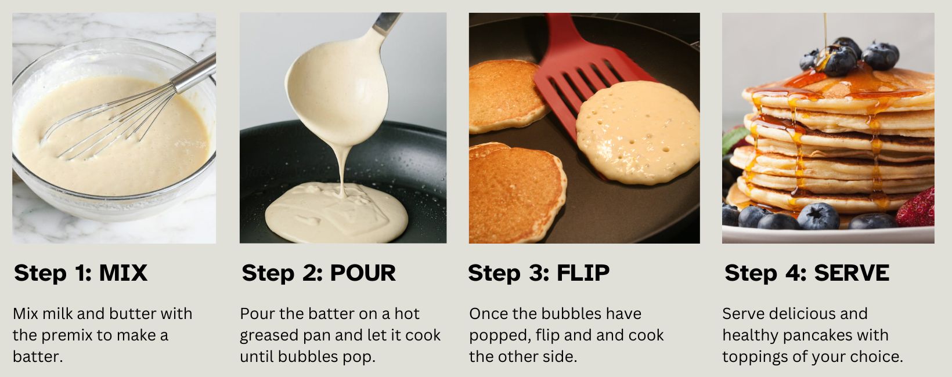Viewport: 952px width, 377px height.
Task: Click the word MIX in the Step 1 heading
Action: tap(123, 273)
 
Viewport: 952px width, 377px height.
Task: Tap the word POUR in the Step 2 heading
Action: tap(363, 273)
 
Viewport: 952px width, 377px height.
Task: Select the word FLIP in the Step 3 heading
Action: tap(583, 273)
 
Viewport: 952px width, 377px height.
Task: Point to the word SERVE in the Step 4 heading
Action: tap(852, 273)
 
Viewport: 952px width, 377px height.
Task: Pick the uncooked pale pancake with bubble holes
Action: tap(637, 132)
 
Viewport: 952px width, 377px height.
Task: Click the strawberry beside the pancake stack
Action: tap(917, 208)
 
